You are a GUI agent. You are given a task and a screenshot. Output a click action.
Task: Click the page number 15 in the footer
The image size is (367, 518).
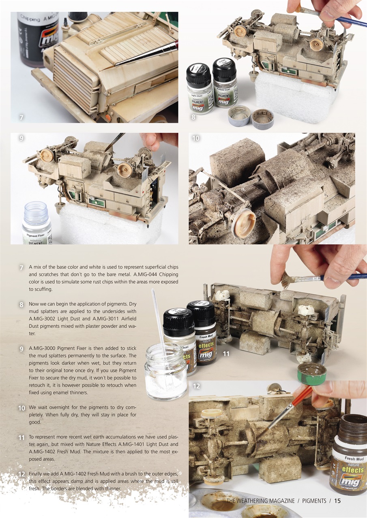(337, 501)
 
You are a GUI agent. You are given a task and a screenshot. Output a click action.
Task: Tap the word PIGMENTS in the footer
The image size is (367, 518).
(314, 501)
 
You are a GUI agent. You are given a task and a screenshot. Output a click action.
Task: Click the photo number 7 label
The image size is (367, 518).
(21, 117)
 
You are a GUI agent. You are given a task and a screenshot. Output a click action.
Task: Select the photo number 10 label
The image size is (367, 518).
(196, 138)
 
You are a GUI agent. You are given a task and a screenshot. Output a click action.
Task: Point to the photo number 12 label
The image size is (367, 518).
(196, 386)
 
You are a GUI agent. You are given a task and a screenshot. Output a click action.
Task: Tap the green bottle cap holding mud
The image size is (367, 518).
(311, 373)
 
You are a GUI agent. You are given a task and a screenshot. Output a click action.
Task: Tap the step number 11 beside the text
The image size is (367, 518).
(21, 438)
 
